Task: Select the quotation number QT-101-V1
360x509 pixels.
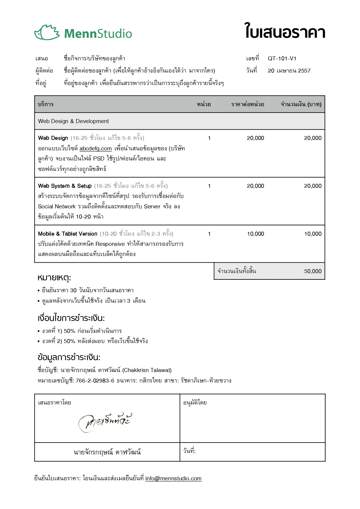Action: [x=282, y=59]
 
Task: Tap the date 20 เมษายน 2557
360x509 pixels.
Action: [x=289, y=71]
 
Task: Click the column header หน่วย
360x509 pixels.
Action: [x=204, y=104]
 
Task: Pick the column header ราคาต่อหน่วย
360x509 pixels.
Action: [x=247, y=104]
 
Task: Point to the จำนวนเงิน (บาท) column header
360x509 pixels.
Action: [x=301, y=104]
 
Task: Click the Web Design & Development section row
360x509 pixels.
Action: [x=73, y=121]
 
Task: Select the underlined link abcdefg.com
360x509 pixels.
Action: [x=96, y=149]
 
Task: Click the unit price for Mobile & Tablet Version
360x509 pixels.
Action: [x=255, y=234]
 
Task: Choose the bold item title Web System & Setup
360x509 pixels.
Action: [x=65, y=186]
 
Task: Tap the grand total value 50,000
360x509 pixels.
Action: [x=313, y=271]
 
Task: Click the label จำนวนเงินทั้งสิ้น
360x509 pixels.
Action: [x=237, y=271]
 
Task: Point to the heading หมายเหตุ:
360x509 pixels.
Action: [x=54, y=278]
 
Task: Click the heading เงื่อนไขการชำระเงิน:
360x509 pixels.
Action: [x=71, y=318]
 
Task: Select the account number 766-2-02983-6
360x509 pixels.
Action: [x=95, y=381]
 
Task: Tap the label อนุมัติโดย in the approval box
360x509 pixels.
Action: [x=195, y=403]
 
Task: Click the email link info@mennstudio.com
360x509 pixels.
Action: [x=173, y=479]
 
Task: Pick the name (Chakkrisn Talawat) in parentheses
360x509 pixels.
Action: [x=147, y=370]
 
